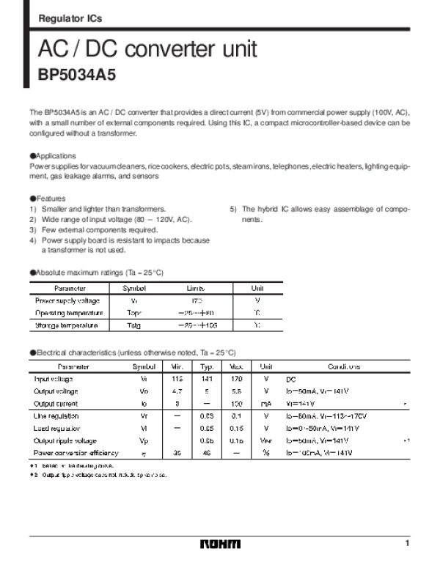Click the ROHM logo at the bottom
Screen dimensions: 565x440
click(220, 544)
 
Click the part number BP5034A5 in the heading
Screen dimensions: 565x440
click(77, 75)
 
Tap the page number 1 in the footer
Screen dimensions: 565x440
click(406, 542)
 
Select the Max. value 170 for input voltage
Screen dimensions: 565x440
click(236, 379)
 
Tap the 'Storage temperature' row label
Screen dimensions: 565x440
click(67, 325)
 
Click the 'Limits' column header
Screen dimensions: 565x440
click(194, 289)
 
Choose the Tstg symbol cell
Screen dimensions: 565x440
click(133, 325)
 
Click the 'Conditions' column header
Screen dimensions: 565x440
click(343, 366)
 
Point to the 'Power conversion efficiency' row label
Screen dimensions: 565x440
click(76, 453)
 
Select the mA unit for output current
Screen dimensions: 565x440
click(266, 404)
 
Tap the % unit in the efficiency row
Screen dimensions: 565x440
click(266, 453)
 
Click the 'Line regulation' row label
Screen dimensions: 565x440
click(56, 416)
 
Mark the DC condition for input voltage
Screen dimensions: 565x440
click(291, 380)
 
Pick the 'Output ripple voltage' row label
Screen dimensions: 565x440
click(65, 440)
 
